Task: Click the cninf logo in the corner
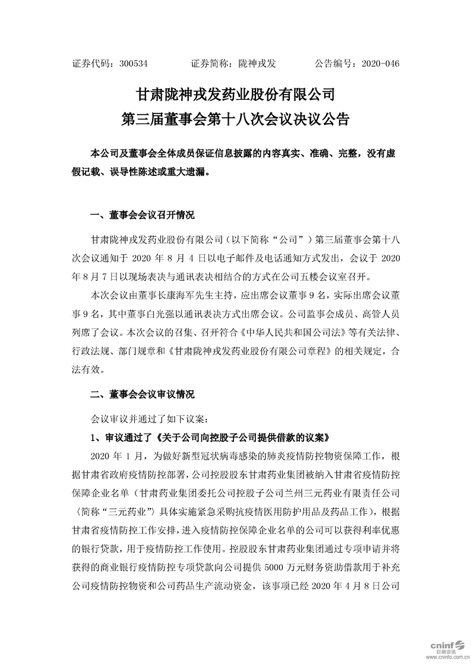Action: [x=445, y=643]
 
